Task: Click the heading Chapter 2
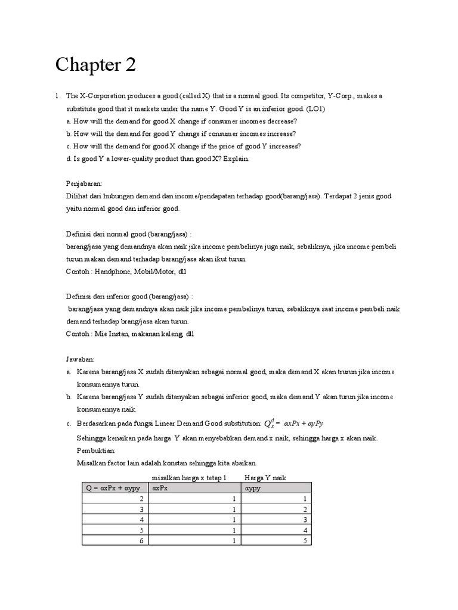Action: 95,65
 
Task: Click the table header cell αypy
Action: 254,488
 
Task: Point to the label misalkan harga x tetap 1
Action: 190,478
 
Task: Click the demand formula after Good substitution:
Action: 294,423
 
